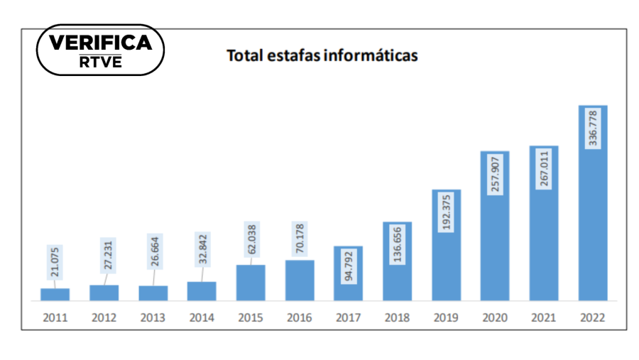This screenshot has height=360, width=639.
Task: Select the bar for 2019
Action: [447, 245]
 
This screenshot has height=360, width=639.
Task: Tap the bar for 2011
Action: [55, 294]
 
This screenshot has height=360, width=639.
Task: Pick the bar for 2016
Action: [300, 280]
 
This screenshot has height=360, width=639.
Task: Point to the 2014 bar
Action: [202, 291]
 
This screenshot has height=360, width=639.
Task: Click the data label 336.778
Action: [593, 128]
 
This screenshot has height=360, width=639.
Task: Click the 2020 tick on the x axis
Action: [495, 318]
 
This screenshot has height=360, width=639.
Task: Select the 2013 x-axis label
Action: [153, 318]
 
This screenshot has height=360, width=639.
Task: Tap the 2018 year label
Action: [397, 318]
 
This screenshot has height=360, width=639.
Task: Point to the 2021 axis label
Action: [544, 318]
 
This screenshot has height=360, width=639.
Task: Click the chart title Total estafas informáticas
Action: [322, 55]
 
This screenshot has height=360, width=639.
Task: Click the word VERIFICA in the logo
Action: [100, 43]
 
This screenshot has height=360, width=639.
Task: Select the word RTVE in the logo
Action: [100, 62]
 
